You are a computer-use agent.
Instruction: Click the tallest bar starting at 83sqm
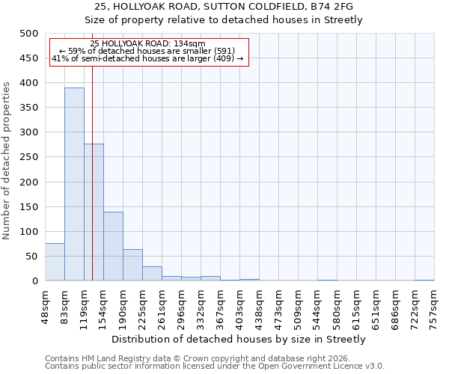(74, 184)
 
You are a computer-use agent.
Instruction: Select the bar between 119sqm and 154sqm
(94, 212)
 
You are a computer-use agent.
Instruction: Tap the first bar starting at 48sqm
(55, 262)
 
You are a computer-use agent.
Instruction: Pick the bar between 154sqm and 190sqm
(113, 246)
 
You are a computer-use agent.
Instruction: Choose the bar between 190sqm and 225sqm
(132, 265)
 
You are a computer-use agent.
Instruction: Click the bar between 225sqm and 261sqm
(152, 274)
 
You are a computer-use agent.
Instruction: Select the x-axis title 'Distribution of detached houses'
(239, 339)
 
